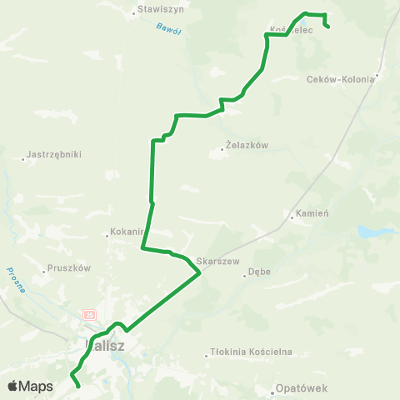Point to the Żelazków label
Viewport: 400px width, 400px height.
(247, 145)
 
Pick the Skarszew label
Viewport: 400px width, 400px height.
(218, 262)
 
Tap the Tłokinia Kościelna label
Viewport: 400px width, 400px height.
(252, 352)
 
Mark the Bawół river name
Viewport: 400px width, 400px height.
(168, 30)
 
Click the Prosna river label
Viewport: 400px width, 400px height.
(16, 279)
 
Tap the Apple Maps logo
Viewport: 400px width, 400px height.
(31, 387)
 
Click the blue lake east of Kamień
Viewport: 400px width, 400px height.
(368, 232)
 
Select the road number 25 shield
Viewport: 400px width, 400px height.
(88, 315)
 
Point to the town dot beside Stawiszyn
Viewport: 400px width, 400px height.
(135, 12)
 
